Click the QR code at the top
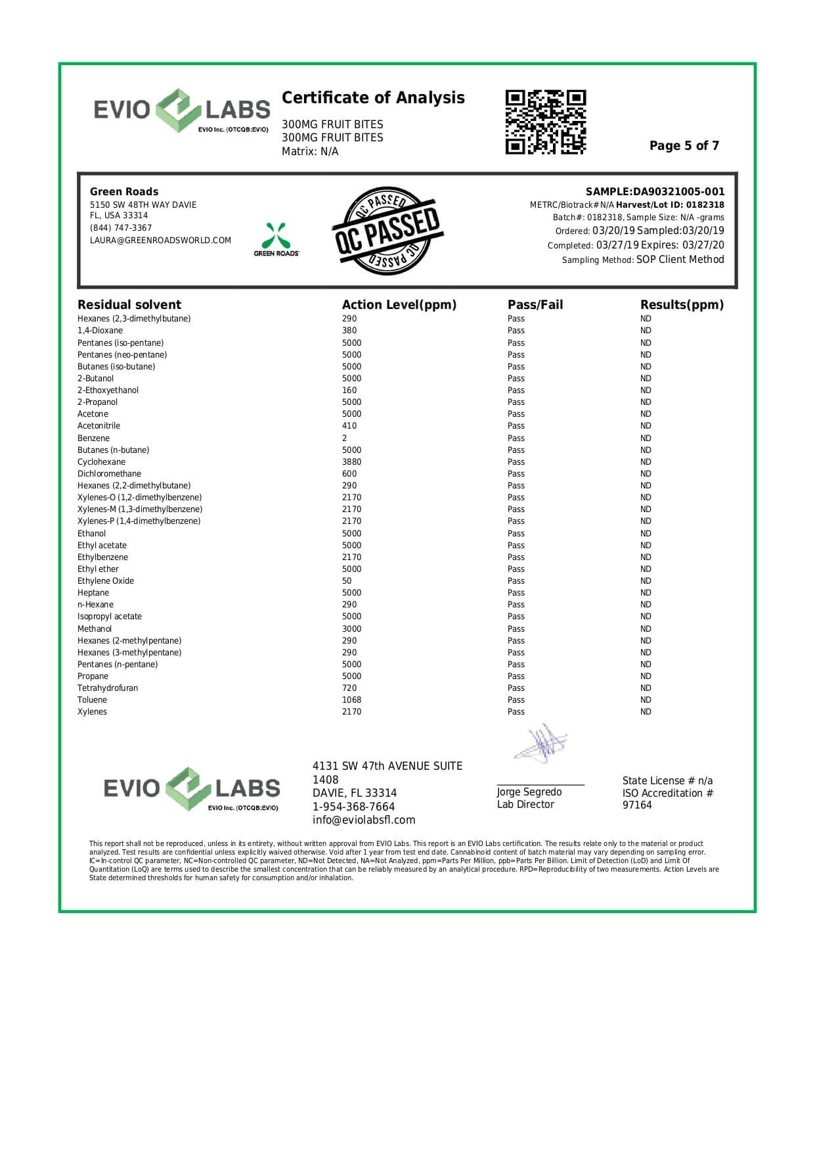point(545,122)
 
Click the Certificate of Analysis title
point(373,98)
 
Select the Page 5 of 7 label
point(684,146)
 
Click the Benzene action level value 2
point(345,438)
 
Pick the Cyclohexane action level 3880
point(351,462)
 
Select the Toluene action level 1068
point(351,700)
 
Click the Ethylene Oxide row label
point(106,581)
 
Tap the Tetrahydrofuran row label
point(108,688)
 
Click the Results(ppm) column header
point(682,305)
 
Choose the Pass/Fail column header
point(535,305)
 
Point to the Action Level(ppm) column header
point(399,305)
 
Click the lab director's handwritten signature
point(540,744)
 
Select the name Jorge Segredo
point(529,792)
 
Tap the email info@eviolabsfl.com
point(364,820)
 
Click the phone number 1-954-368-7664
point(353,807)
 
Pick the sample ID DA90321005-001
point(678,192)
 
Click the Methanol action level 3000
point(351,629)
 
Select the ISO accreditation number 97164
point(637,805)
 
